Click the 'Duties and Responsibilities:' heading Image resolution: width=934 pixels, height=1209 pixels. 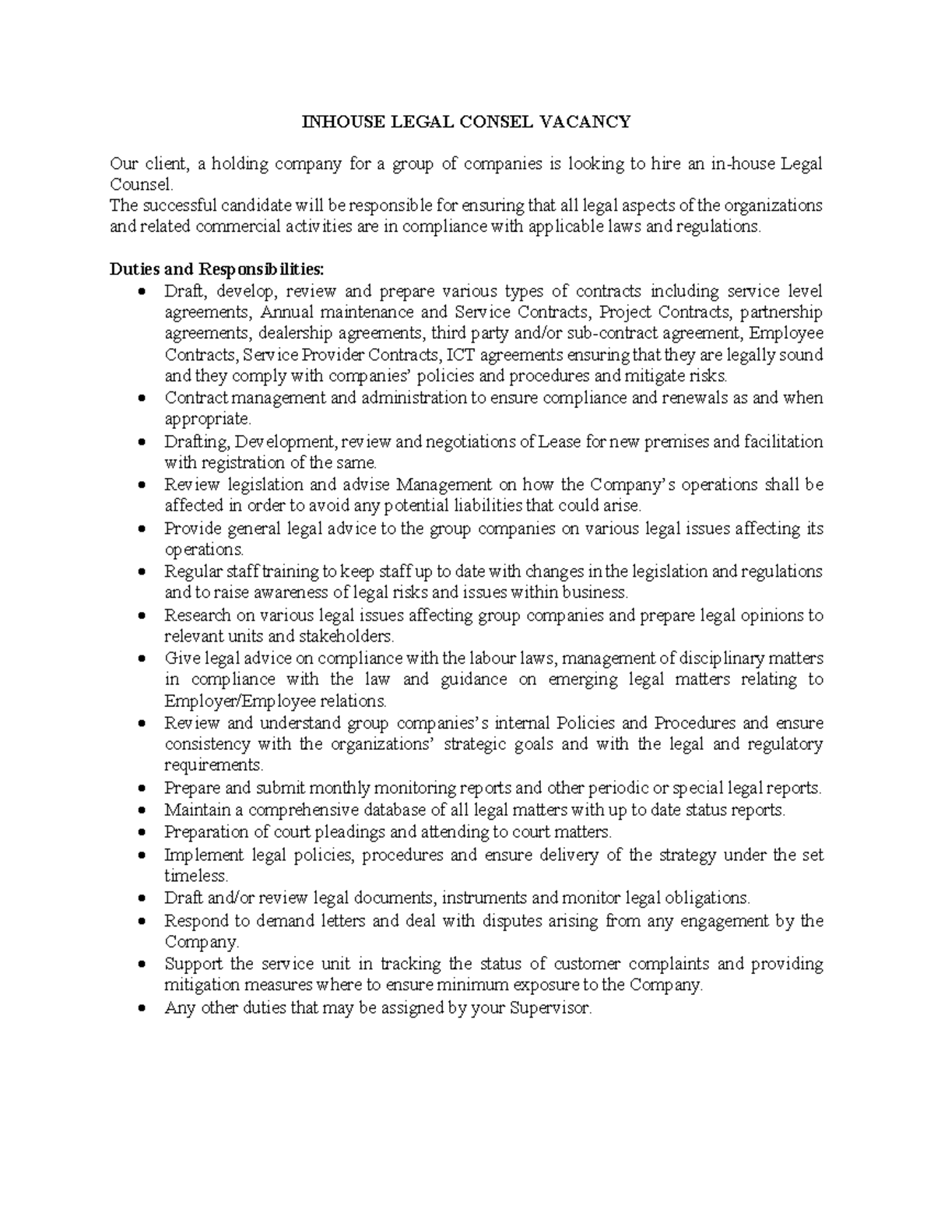click(x=216, y=269)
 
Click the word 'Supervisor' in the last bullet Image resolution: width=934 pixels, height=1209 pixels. click(x=550, y=1007)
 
